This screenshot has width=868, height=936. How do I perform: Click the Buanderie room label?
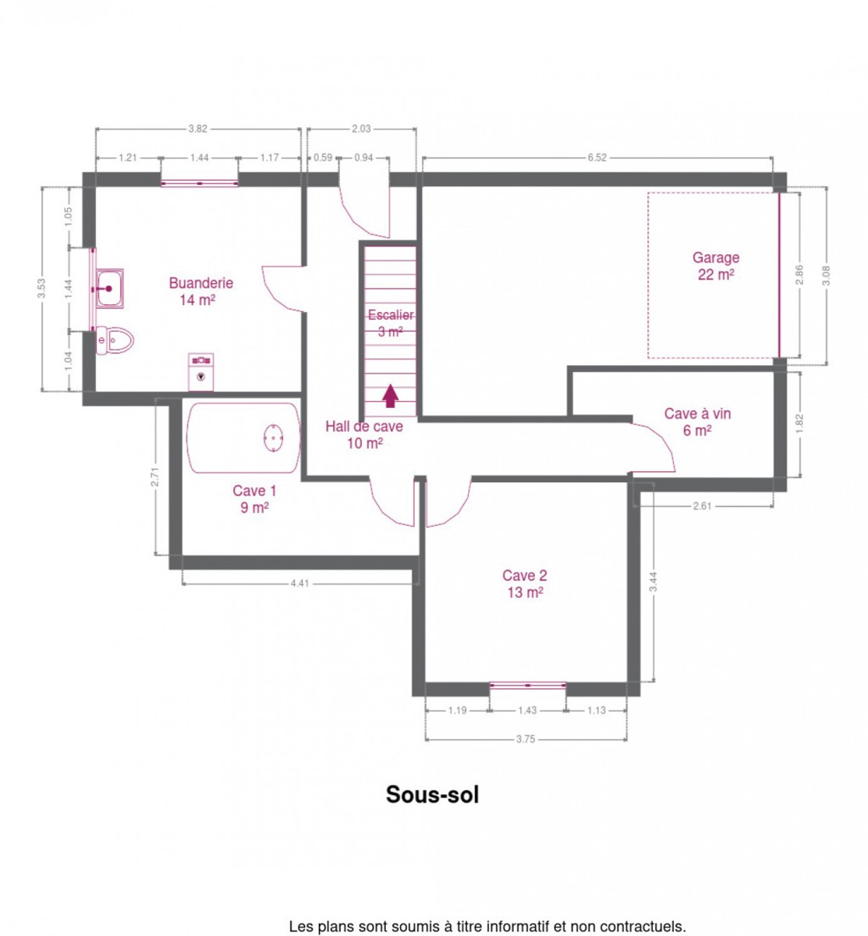click(x=200, y=291)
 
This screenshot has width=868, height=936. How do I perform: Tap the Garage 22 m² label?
click(x=715, y=265)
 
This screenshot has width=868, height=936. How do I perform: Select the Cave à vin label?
click(x=697, y=421)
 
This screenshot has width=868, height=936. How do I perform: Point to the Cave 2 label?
click(x=525, y=583)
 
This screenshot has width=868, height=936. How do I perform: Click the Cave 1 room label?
click(x=254, y=498)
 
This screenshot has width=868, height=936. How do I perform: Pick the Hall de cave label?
click(x=364, y=434)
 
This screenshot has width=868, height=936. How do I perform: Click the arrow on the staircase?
click(x=390, y=395)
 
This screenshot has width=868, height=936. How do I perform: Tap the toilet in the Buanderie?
click(x=115, y=339)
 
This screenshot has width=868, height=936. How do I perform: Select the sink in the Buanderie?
click(x=109, y=289)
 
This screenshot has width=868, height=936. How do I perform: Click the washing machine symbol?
click(x=200, y=372)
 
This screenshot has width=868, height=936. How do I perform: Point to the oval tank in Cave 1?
click(x=273, y=438)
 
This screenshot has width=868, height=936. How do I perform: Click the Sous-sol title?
click(x=432, y=794)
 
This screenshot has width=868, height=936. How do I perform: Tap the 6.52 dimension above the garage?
click(x=597, y=158)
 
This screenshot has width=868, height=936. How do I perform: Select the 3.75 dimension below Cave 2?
click(x=526, y=739)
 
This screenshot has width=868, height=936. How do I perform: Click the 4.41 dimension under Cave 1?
click(x=299, y=583)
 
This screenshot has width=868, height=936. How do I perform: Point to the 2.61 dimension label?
click(x=702, y=505)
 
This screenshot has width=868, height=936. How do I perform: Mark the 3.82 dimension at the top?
click(x=198, y=129)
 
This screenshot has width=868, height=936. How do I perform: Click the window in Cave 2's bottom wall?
click(x=527, y=685)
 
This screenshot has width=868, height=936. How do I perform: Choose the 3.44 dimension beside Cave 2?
click(x=653, y=582)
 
